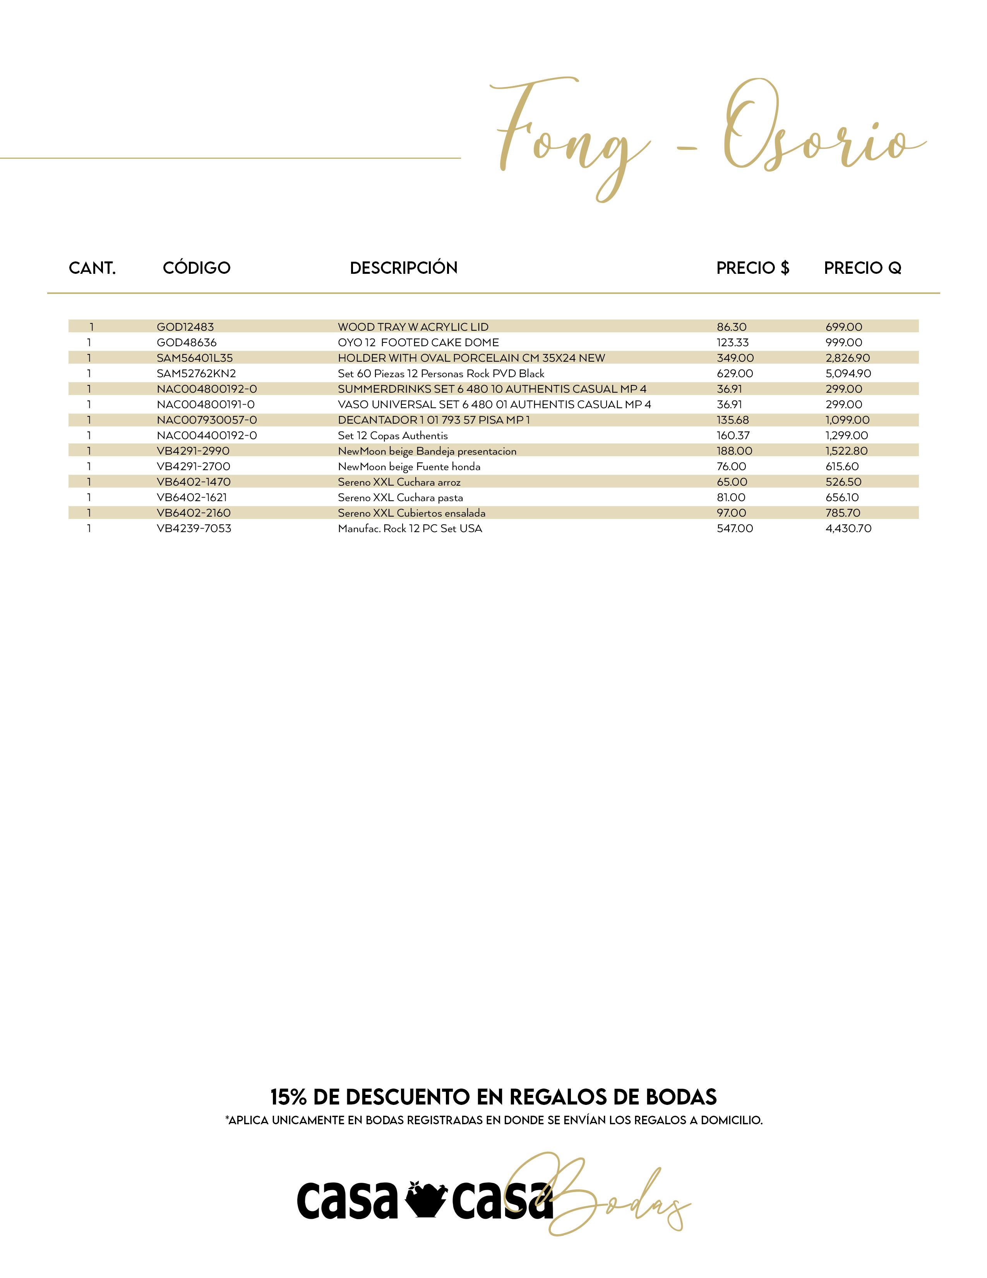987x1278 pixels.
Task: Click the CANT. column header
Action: [93, 268]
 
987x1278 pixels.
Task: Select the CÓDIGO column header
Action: [197, 268]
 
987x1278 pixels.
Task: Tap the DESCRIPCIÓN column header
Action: [403, 268]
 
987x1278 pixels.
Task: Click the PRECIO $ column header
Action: [752, 268]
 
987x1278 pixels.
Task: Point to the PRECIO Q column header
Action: [862, 268]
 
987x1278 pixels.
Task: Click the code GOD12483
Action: [185, 327]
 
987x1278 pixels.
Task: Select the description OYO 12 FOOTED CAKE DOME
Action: [418, 342]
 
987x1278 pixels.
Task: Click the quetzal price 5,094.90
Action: [848, 373]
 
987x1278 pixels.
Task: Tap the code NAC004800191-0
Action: [205, 404]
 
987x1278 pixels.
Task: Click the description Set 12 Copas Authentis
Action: [393, 435]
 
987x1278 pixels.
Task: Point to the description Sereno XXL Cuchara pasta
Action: [401, 497]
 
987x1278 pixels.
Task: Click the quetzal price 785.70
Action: [843, 513]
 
